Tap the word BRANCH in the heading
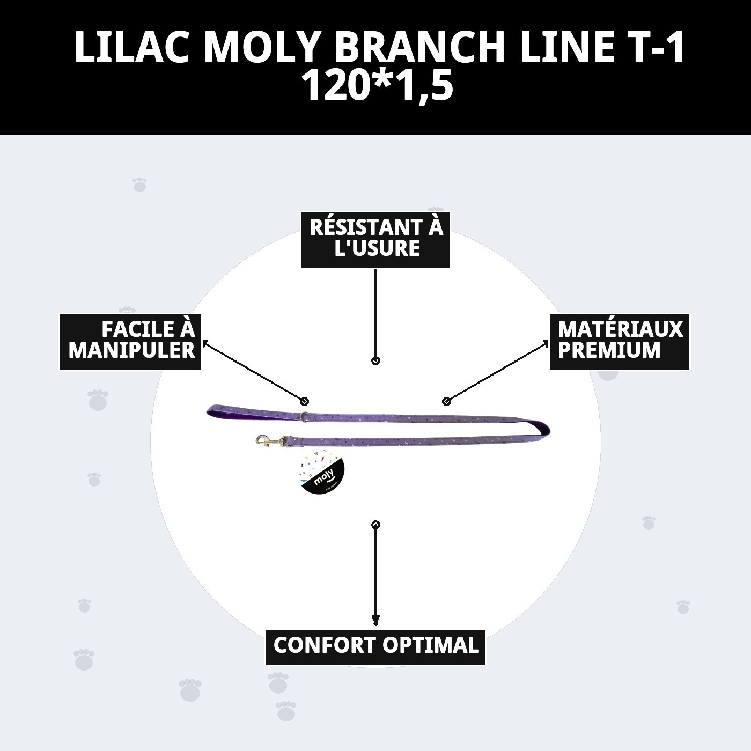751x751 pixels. coord(420,47)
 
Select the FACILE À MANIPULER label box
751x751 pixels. coord(130,342)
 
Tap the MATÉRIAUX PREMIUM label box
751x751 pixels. coord(620,342)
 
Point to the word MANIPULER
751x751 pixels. coord(131,351)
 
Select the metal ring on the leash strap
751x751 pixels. coord(304,416)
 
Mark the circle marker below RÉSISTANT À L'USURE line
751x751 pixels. coord(376,361)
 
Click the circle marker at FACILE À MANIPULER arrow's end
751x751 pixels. coord(305,401)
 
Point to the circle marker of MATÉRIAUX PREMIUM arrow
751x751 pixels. coord(446,401)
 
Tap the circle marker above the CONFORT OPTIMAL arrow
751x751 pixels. coord(376,524)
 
